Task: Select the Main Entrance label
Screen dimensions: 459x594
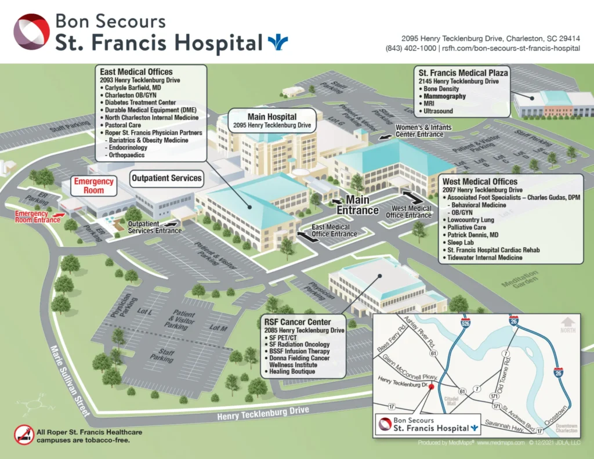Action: point(358,205)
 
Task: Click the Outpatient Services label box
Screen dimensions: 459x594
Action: point(166,178)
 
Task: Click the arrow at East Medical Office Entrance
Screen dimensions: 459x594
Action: point(305,235)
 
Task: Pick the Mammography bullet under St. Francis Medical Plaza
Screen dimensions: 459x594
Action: point(444,96)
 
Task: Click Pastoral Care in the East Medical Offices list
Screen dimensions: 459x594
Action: point(122,125)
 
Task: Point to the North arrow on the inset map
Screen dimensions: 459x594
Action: point(568,323)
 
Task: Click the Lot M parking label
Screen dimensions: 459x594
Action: point(218,328)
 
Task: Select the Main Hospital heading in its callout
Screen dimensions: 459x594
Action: point(272,117)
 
